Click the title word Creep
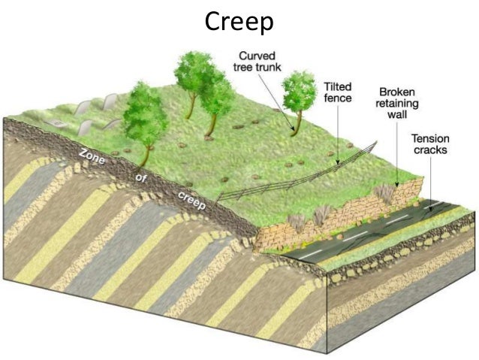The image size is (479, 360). pos(239,22)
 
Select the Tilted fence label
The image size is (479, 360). pos(338,92)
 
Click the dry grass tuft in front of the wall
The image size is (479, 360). pos(297,222)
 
